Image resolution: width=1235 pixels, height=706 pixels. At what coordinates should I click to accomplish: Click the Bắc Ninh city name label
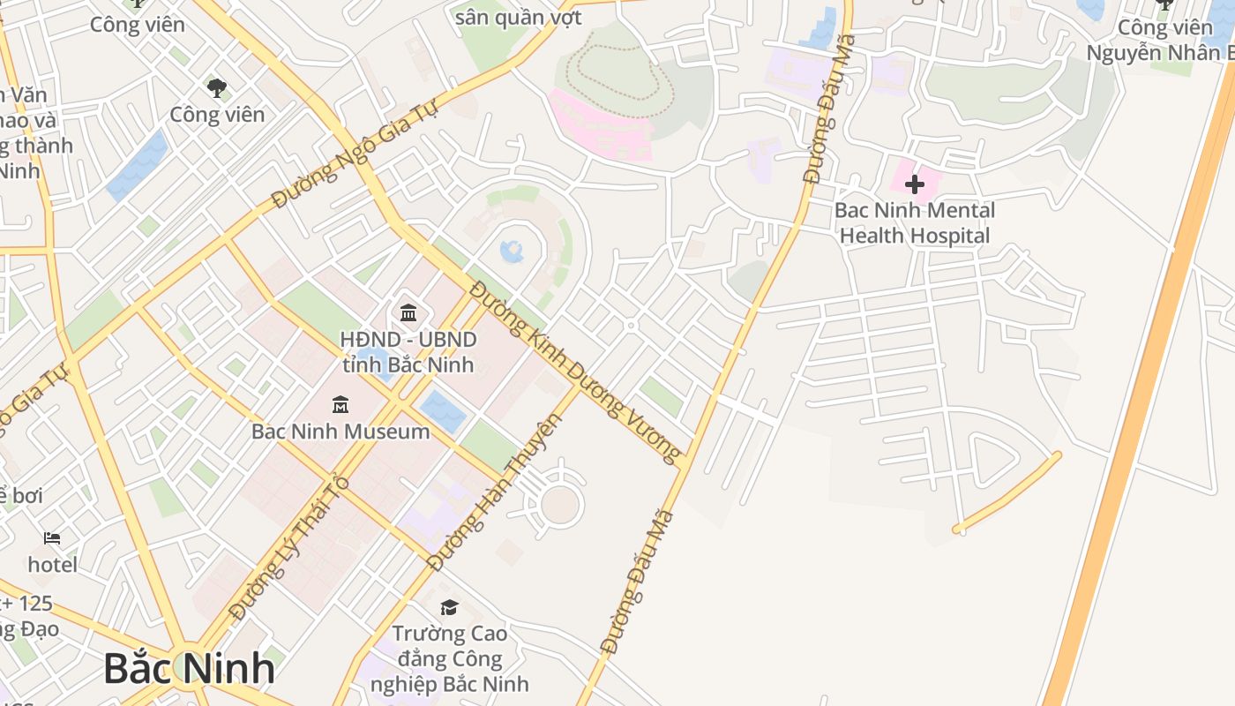point(189,668)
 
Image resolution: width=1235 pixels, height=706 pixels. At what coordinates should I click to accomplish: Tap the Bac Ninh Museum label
point(341,432)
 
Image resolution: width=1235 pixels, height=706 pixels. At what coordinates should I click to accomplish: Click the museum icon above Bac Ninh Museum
point(341,405)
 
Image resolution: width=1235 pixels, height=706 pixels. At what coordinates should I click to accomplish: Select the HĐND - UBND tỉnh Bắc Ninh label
point(408,352)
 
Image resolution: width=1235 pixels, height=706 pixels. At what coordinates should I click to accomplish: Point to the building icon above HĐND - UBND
point(408,312)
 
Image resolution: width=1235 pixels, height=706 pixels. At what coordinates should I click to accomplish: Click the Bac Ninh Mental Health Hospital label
point(914,223)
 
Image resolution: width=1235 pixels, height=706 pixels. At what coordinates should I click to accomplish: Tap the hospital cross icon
point(915,184)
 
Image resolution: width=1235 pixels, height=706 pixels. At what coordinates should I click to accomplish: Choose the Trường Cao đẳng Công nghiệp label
point(450,658)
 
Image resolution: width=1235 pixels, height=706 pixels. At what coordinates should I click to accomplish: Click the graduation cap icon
point(449,607)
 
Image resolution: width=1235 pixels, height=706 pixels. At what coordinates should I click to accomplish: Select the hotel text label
point(52,564)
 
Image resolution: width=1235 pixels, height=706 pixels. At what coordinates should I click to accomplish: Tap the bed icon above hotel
point(52,538)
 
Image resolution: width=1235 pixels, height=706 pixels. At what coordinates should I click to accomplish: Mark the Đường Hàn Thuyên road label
point(494,491)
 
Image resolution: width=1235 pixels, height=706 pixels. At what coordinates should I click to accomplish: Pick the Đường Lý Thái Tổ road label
point(289,547)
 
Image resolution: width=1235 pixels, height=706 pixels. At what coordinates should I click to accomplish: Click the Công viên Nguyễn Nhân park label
point(1159,41)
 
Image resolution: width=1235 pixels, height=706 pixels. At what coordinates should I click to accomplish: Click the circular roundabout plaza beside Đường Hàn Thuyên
point(560,504)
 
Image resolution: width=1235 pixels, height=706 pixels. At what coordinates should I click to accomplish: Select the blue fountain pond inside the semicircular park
point(513,252)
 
